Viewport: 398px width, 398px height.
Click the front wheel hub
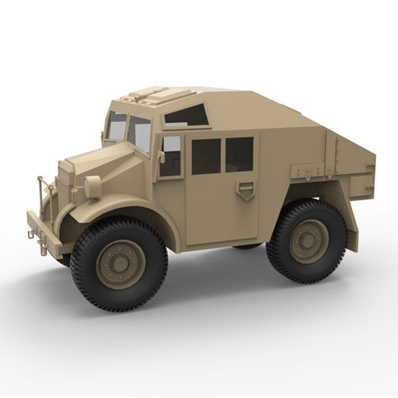[121, 264]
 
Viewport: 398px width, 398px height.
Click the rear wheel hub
[308, 241]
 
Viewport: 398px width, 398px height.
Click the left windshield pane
[117, 126]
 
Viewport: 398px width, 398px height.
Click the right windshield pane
[140, 133]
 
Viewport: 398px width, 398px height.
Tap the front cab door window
[170, 157]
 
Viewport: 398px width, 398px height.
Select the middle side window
[206, 156]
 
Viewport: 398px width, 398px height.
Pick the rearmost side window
[239, 154]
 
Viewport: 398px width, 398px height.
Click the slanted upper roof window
[186, 115]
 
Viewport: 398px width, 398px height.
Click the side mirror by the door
[161, 157]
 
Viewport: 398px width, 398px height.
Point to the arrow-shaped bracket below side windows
[245, 190]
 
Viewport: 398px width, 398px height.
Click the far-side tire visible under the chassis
[247, 246]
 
